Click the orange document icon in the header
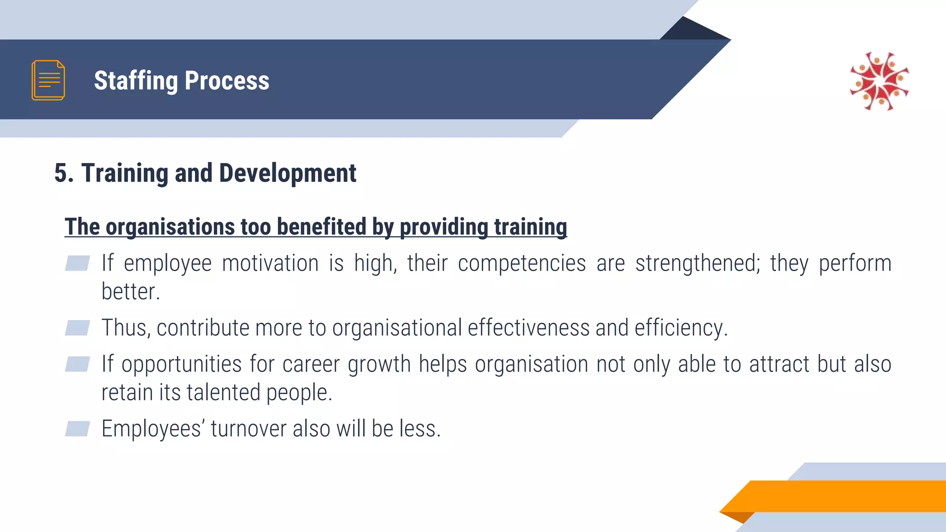click(48, 80)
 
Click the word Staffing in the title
click(136, 81)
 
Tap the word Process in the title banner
click(227, 81)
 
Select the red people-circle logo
click(879, 81)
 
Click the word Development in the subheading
click(287, 173)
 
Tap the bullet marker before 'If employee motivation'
click(77, 263)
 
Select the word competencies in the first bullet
click(522, 264)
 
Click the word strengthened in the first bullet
click(697, 264)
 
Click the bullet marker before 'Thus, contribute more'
click(77, 328)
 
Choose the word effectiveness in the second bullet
click(528, 328)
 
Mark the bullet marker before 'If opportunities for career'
click(77, 364)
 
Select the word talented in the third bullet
click(224, 393)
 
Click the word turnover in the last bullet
click(249, 429)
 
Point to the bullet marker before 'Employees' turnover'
click(77, 429)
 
